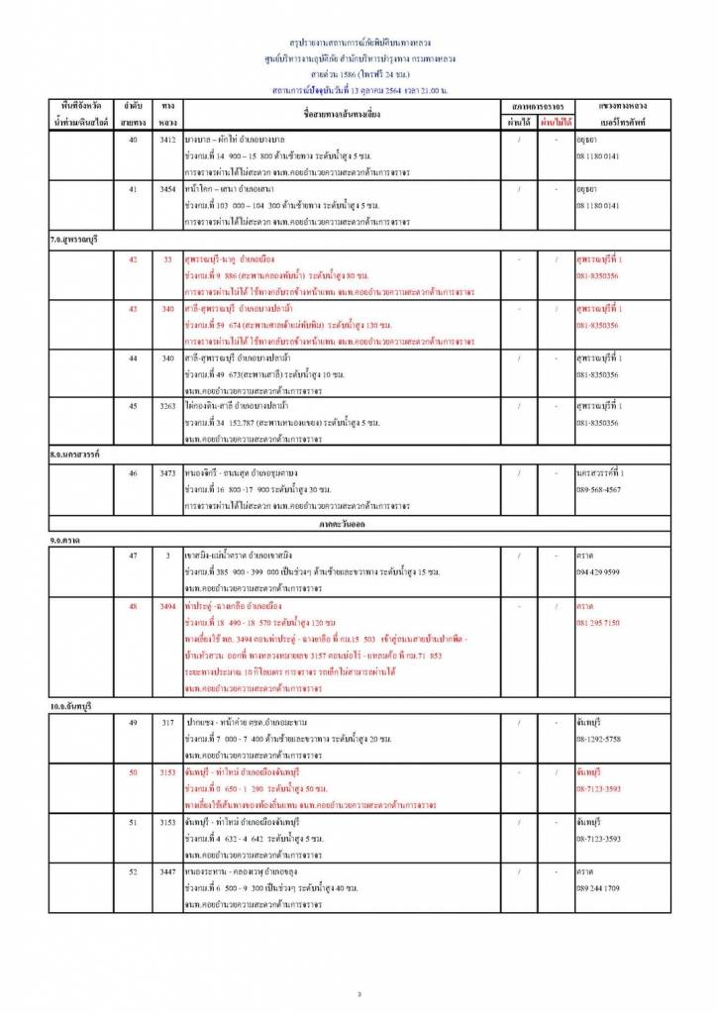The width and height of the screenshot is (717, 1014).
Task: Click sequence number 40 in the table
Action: point(133,140)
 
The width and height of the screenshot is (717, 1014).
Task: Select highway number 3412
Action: point(168,140)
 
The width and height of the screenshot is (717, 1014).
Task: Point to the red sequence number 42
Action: point(133,259)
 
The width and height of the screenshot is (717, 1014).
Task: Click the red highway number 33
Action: point(168,259)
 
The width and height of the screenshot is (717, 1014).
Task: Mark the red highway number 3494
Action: point(168,605)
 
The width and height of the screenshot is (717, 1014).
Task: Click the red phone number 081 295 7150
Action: point(598,622)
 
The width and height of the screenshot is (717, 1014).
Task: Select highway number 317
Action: point(168,723)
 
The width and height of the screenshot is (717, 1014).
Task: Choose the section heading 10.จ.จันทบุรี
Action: point(78,704)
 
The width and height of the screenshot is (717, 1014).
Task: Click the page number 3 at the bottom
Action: point(358,993)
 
